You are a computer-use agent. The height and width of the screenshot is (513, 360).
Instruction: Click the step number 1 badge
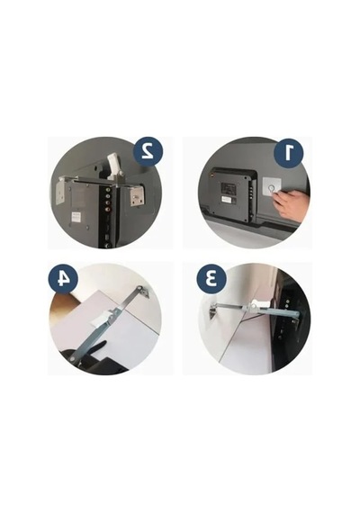point(288,152)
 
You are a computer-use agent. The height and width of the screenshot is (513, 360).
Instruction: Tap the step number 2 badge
point(148,151)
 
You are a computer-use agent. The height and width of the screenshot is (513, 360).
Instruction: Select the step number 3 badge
point(211,279)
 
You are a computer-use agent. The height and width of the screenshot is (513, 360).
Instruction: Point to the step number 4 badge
point(63,279)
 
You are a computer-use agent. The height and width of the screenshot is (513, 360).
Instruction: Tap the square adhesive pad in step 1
point(273,188)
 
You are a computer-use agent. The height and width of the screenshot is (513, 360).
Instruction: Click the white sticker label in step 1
point(227,199)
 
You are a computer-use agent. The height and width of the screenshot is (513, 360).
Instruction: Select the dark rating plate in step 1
point(227,188)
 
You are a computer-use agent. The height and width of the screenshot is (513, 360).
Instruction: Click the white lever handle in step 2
point(113,166)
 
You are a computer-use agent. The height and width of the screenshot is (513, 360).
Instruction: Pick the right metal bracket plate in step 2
point(136,196)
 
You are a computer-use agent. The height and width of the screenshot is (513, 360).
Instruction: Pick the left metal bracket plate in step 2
point(61,192)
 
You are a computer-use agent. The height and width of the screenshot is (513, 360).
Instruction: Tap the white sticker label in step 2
point(76,216)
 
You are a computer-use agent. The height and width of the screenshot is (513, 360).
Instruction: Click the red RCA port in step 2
point(107,203)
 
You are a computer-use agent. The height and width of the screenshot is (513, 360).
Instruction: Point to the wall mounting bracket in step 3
point(211,311)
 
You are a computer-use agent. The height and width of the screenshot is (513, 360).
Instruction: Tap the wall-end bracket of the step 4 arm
point(143,291)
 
